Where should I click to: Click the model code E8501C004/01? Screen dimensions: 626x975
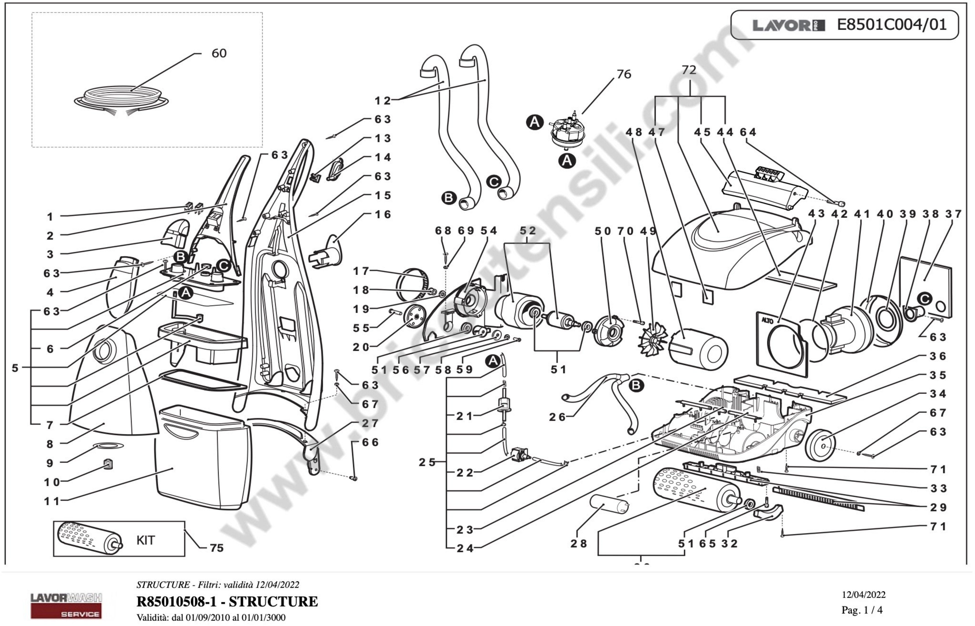892,25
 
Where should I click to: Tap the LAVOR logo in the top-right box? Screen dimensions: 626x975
788,26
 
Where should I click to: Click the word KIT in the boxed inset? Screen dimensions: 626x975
146,540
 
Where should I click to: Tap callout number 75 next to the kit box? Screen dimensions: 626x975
216,548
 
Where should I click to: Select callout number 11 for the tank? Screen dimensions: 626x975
52,501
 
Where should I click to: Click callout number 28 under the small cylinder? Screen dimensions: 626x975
578,543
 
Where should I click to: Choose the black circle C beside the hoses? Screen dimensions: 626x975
494,182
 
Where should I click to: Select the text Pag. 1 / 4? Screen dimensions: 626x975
862,610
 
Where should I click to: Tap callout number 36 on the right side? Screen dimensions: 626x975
938,356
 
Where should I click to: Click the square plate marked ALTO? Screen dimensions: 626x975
782,344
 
